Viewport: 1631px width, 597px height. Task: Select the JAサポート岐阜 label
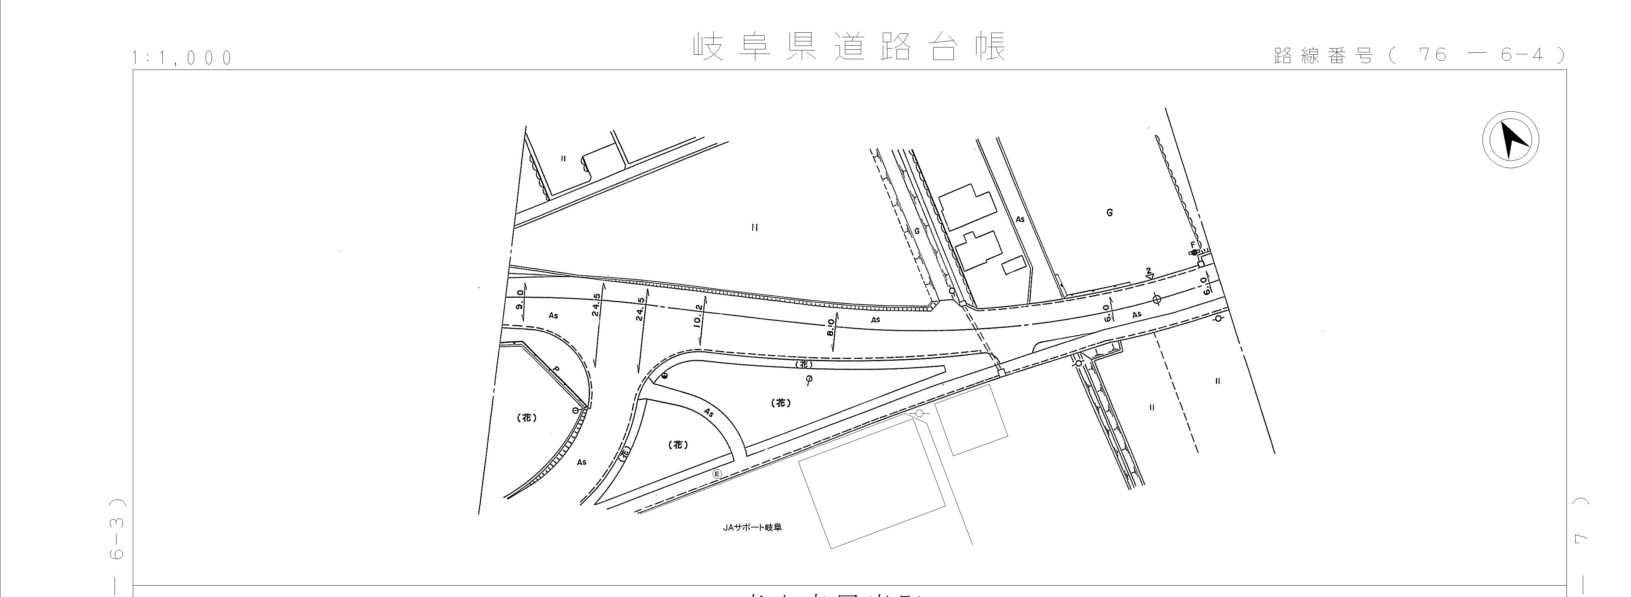[752, 527]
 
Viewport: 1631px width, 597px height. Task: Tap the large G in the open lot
[1109, 213]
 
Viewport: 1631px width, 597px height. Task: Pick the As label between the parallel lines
[1020, 219]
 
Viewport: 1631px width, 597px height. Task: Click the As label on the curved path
[708, 412]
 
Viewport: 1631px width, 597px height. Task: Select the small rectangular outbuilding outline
[1015, 265]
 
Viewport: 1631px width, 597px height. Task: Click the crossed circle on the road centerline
[1157, 299]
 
